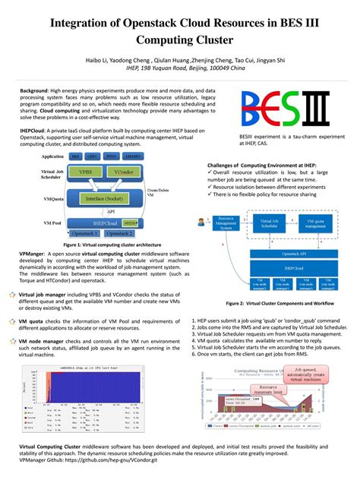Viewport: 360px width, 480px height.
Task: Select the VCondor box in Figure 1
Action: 123,172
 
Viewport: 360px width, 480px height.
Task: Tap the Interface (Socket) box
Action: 106,198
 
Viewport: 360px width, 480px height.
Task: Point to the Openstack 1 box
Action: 84,233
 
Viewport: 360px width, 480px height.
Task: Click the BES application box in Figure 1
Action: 76,156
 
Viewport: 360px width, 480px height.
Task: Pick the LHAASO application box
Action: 132,156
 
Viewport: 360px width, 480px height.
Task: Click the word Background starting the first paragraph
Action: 35,90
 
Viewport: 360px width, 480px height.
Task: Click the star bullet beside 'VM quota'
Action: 12,323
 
